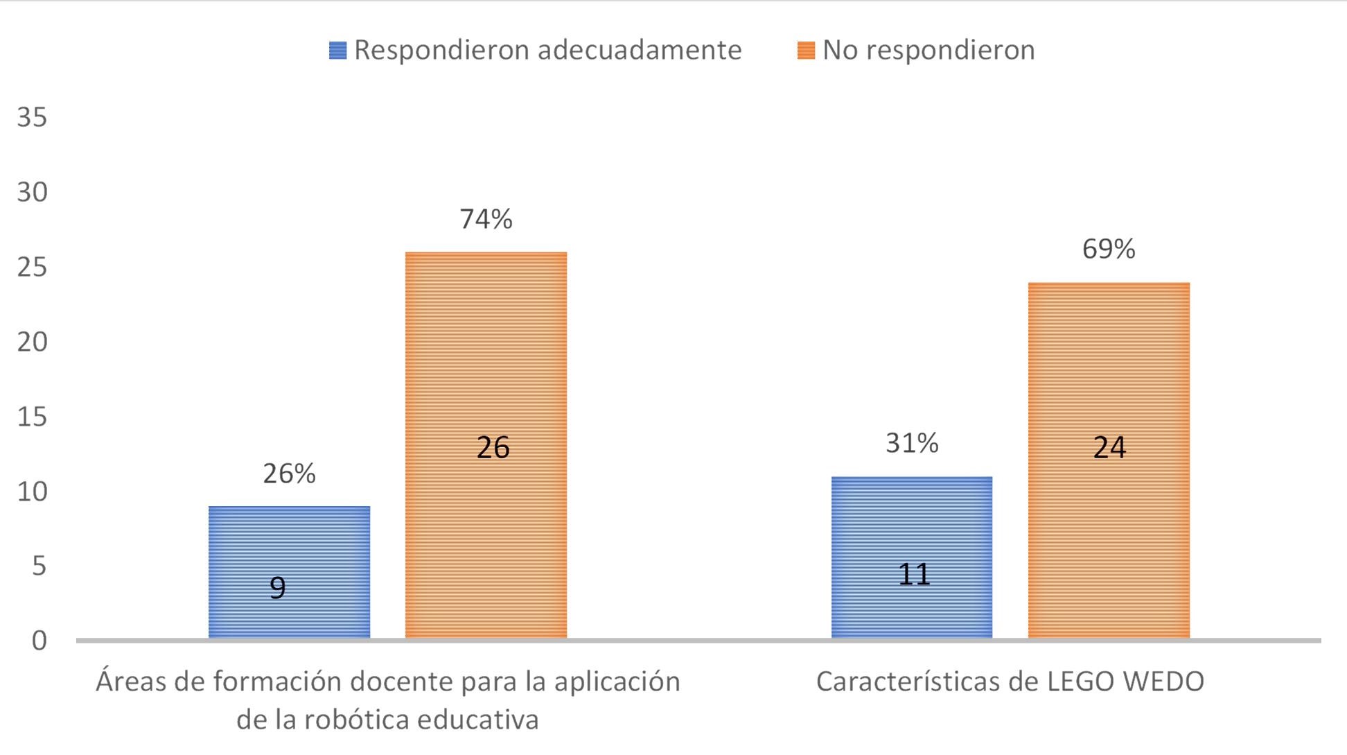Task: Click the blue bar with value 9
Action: click(x=289, y=572)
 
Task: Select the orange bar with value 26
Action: click(x=486, y=444)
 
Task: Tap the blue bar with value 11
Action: click(x=911, y=557)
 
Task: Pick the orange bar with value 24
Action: click(x=1109, y=460)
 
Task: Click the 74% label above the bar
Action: click(x=486, y=219)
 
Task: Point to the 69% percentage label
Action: click(x=1109, y=249)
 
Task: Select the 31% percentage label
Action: click(x=912, y=443)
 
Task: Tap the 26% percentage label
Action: click(x=289, y=474)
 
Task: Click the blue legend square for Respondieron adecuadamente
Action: click(x=337, y=51)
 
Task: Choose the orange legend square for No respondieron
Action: click(x=806, y=51)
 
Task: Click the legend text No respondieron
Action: click(x=928, y=51)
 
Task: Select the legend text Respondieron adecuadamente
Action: click(x=547, y=51)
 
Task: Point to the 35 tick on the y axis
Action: click(x=32, y=117)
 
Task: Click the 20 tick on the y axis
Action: click(x=32, y=342)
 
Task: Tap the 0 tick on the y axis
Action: click(x=39, y=641)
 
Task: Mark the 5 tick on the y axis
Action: click(x=39, y=566)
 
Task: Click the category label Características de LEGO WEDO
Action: click(x=1010, y=682)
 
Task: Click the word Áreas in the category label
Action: click(x=130, y=682)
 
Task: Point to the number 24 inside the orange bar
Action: click(x=1109, y=448)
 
